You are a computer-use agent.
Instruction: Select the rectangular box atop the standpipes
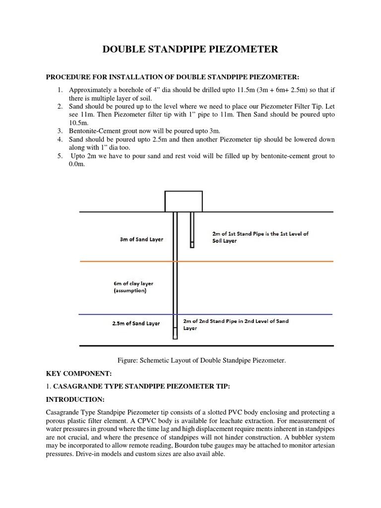(184, 200)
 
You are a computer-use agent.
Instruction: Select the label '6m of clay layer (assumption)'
(133, 287)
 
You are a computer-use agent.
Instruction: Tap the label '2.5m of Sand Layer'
(135, 323)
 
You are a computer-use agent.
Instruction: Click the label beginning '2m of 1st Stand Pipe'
(259, 237)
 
